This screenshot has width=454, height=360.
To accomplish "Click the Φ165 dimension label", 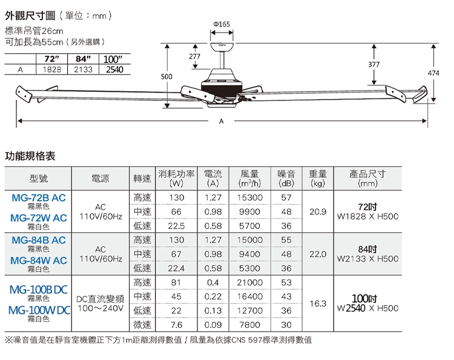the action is click(x=222, y=24).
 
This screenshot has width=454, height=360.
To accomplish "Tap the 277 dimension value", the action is click(x=194, y=56).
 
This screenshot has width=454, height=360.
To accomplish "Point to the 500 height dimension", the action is click(x=166, y=76).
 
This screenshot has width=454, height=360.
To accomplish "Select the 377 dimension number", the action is click(x=374, y=64).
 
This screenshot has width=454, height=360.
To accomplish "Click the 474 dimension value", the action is click(x=433, y=73).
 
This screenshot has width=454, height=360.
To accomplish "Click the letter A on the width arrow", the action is click(x=221, y=121).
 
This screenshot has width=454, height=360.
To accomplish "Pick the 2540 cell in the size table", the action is click(x=114, y=70).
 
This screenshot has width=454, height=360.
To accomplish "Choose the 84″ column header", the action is click(x=83, y=59).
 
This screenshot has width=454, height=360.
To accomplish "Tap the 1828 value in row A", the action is click(x=52, y=70).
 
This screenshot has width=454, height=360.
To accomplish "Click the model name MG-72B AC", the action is click(x=39, y=198).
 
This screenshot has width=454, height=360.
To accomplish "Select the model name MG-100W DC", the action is click(x=39, y=310).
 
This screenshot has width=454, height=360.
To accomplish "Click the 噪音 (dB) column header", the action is click(x=286, y=178).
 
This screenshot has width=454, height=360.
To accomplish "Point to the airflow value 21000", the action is click(x=249, y=283).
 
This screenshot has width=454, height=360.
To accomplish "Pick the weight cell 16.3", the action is click(x=318, y=304).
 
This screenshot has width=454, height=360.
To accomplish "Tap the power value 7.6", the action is click(x=176, y=325).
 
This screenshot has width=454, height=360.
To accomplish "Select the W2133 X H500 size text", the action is click(x=367, y=258).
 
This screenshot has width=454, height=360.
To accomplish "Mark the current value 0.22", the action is click(x=213, y=296).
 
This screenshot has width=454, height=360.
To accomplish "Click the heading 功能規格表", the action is click(x=30, y=156).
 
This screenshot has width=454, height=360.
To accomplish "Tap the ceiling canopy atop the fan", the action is click(x=222, y=47).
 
